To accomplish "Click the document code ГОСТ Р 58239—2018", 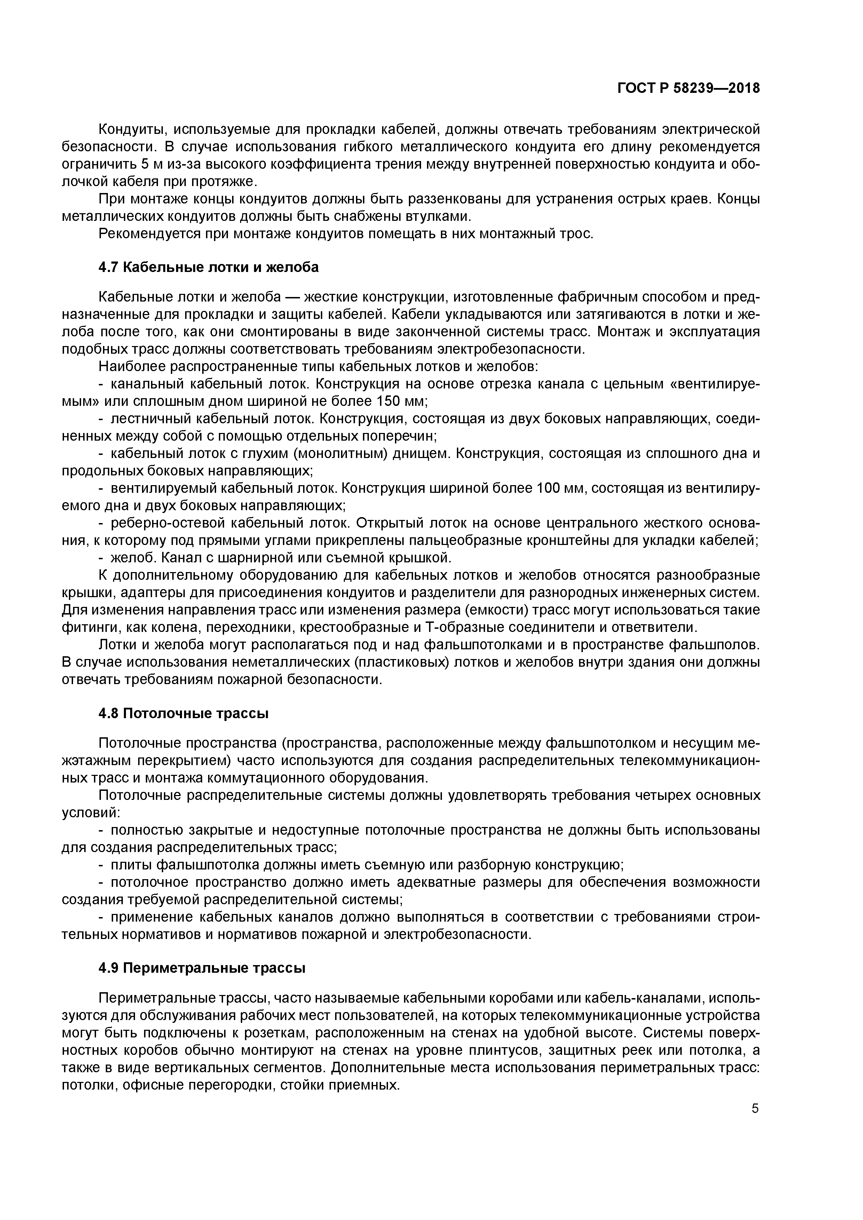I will coord(689,88).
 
